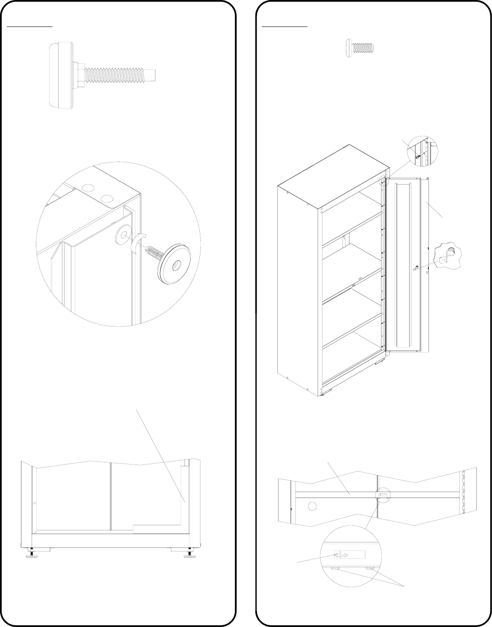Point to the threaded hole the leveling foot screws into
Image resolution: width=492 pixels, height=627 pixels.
(124, 234)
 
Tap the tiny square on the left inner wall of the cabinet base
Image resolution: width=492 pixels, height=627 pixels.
(34, 503)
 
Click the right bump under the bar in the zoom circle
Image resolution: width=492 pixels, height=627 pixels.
(370, 568)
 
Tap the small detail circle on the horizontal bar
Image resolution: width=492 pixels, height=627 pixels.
(382, 495)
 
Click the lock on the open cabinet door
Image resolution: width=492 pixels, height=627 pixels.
(415, 268)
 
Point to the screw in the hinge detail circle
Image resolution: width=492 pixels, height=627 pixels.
(419, 156)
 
